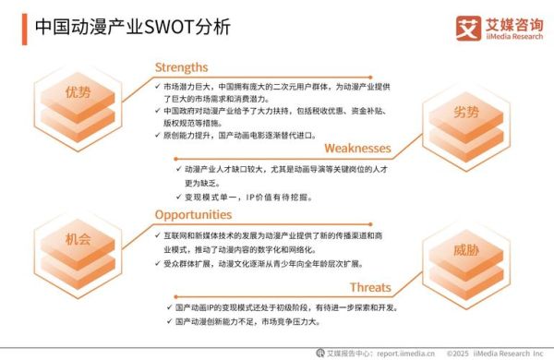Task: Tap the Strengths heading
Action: point(181,66)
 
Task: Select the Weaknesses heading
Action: point(356,148)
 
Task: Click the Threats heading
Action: point(369,286)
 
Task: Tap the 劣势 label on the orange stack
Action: point(466,113)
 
